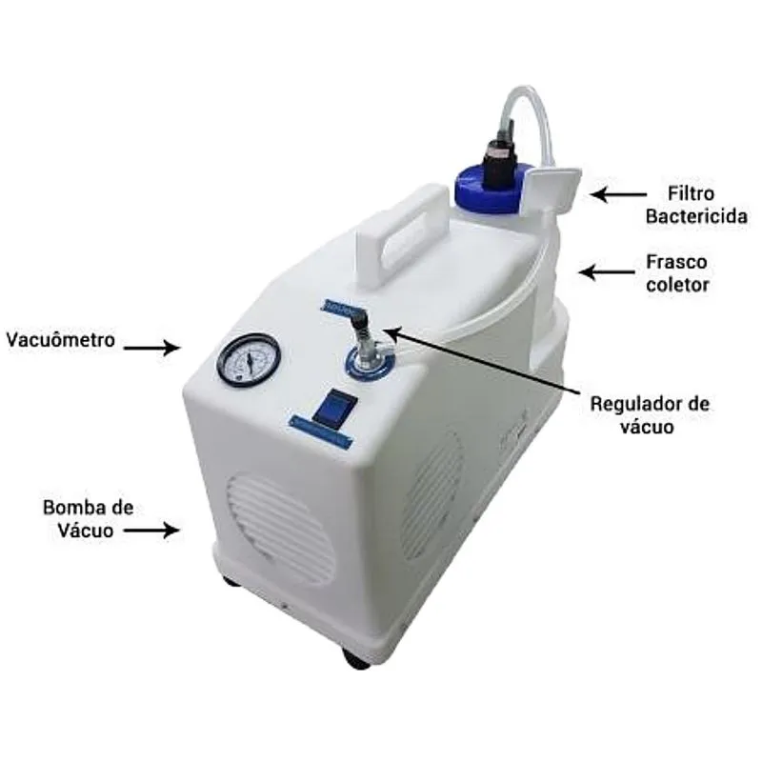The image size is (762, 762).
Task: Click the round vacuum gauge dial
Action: click(249, 360)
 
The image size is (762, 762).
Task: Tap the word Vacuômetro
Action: click(60, 339)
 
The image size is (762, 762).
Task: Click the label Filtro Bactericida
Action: click(683, 205)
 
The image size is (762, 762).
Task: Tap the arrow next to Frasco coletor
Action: click(610, 272)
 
